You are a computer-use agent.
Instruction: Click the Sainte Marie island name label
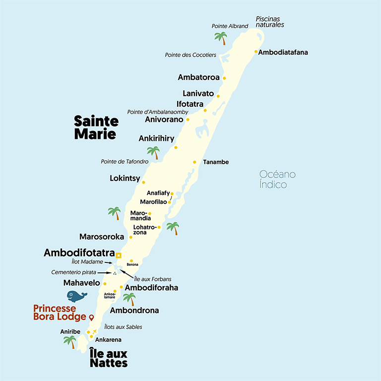(x=96, y=127)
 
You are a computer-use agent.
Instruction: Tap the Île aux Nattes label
(x=109, y=358)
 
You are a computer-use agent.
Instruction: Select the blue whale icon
(x=77, y=296)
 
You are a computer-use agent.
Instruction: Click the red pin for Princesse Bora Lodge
(x=91, y=317)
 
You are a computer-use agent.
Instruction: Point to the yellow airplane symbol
(x=94, y=331)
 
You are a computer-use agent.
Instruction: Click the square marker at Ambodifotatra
(x=119, y=255)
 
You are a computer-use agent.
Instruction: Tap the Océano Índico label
(x=277, y=180)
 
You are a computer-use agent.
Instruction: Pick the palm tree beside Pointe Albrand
(x=220, y=38)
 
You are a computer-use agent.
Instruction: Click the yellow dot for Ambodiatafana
(x=256, y=52)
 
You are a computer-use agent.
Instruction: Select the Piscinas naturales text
(x=270, y=22)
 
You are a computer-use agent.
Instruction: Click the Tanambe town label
(x=216, y=162)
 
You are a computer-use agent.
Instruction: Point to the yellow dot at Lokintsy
(x=143, y=182)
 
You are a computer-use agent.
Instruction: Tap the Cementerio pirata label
(x=74, y=272)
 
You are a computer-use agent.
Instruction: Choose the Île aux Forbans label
(x=153, y=279)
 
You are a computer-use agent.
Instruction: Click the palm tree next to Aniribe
(x=70, y=342)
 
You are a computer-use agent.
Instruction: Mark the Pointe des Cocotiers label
(x=190, y=55)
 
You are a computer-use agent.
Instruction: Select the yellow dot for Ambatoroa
(x=224, y=78)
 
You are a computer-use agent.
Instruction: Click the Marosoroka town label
(x=102, y=237)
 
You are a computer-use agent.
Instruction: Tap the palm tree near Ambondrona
(x=129, y=299)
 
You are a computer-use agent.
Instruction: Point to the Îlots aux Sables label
(x=123, y=327)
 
